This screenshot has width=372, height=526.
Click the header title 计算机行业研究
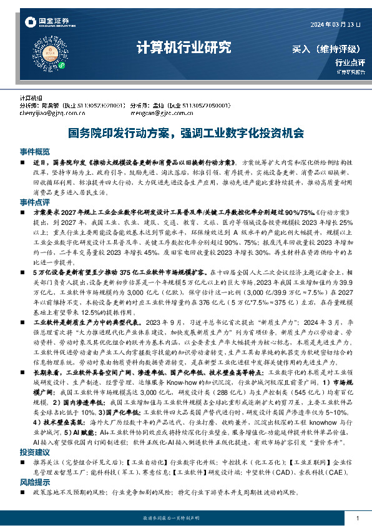184,47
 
